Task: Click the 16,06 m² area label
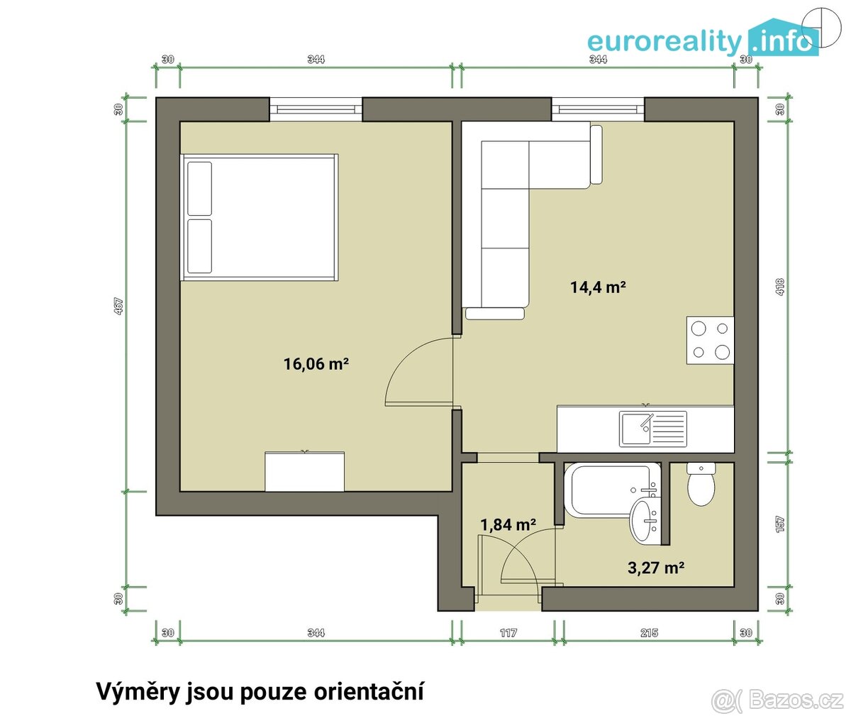[316, 364]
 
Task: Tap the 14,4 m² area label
[597, 287]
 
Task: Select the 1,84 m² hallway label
[508, 525]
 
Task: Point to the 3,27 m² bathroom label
[656, 568]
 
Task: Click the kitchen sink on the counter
[653, 429]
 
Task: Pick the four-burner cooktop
[710, 340]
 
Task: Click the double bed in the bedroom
[260, 217]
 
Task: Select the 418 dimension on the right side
[780, 285]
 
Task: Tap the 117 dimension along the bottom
[508, 632]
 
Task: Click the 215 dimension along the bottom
[649, 632]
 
